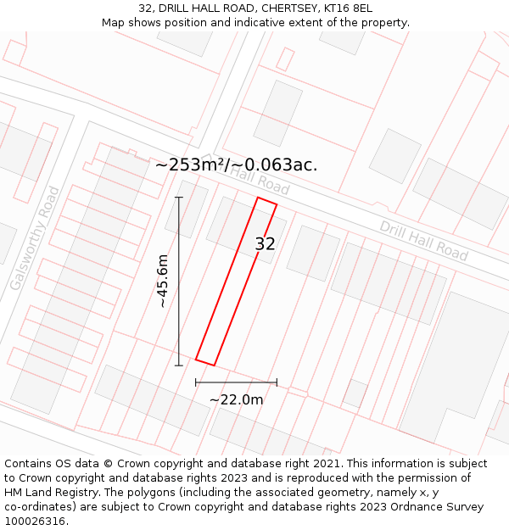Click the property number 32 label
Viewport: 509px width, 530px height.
266,244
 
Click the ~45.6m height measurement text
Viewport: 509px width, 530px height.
163,281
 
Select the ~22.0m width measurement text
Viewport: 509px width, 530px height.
236,399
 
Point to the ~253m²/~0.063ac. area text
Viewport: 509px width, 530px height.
236,165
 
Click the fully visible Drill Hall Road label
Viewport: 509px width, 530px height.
423,241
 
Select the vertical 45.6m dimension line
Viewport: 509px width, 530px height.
179,281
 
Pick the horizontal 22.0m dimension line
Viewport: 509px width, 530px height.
236,382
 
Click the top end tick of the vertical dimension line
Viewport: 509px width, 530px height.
179,198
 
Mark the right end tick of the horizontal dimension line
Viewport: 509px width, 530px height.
277,382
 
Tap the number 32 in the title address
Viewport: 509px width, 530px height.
145,8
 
